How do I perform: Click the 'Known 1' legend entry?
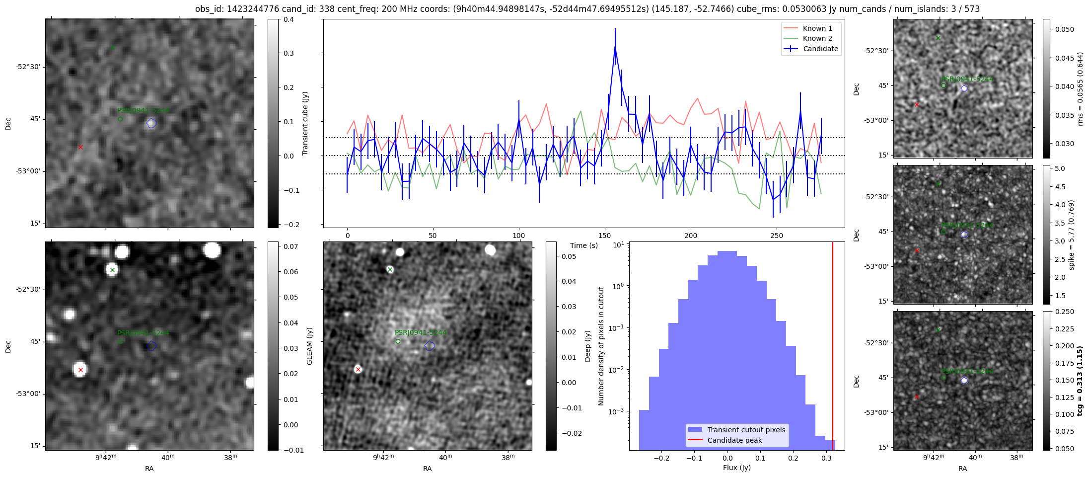tap(817, 28)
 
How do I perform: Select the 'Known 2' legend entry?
tap(817, 38)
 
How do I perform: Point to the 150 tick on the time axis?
tap(605, 236)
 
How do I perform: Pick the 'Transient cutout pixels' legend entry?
tap(746, 430)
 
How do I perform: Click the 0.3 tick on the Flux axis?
tap(826, 458)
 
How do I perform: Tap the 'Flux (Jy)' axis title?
tap(736, 468)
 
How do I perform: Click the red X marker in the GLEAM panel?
tap(80, 370)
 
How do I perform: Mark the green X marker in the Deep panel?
tap(390, 270)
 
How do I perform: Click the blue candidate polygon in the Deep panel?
tap(430, 346)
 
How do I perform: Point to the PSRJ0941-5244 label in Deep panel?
tap(421, 332)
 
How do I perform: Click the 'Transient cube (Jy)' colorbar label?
tap(305, 123)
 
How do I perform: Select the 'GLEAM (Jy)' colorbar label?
tap(310, 346)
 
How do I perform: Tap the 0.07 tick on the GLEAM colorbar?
tap(290, 246)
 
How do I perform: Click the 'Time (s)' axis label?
tap(584, 245)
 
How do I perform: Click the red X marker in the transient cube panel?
tap(80, 147)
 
